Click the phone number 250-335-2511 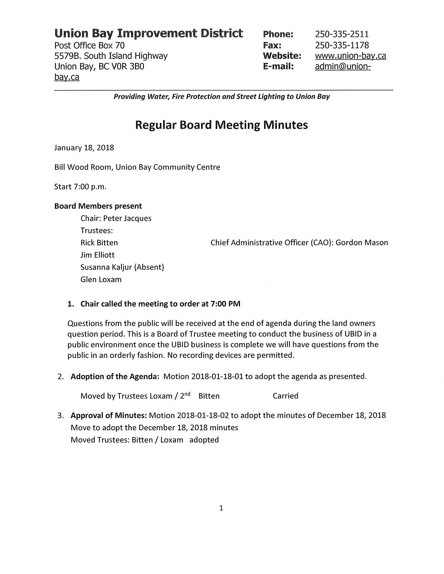(342, 34)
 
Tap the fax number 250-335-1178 (342, 45)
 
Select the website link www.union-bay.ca (350, 56)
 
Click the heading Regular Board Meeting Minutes (221, 125)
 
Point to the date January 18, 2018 (84, 148)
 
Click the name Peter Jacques (127, 218)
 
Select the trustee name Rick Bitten (99, 243)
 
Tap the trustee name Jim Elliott (98, 255)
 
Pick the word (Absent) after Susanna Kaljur (149, 267)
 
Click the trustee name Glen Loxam (101, 279)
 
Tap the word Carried (286, 396)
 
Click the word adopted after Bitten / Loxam (204, 440)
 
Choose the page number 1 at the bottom (221, 508)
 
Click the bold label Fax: (272, 45)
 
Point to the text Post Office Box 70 (89, 45)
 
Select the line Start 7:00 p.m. (80, 187)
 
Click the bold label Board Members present (98, 206)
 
